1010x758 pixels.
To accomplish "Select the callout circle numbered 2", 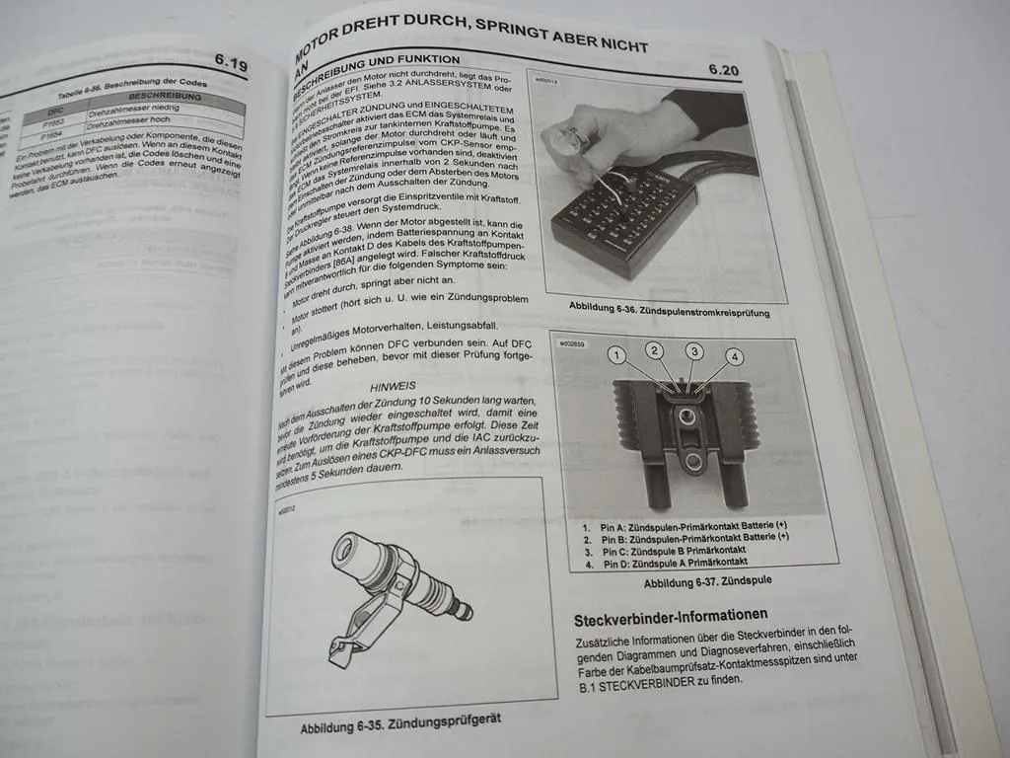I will click(x=654, y=349).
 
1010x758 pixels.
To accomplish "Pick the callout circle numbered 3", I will click(x=694, y=351).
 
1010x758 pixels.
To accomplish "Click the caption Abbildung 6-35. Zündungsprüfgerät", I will click(x=399, y=721).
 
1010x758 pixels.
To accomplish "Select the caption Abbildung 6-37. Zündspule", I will click(x=706, y=582).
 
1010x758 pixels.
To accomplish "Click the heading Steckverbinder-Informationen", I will click(x=671, y=618).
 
